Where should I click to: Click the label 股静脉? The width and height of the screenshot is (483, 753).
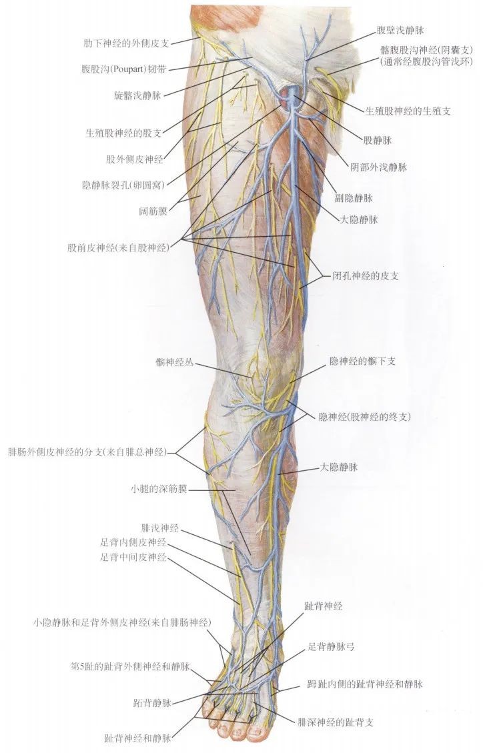click(377, 141)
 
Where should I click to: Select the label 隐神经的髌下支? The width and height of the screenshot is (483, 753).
click(363, 360)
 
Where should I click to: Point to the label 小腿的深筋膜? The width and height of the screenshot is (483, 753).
click(159, 489)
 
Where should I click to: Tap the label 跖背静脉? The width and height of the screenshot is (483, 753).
click(153, 702)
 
